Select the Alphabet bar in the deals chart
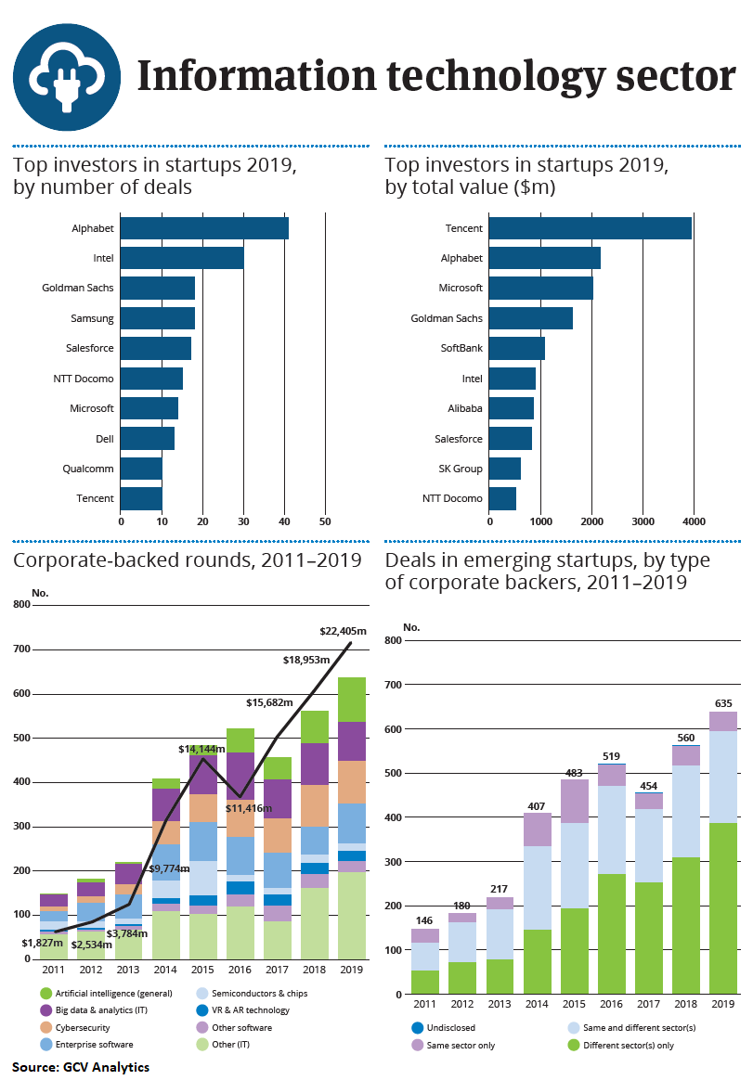[204, 228]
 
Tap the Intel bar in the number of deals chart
[182, 258]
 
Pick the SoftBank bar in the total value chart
[516, 348]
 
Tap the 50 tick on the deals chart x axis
[325, 522]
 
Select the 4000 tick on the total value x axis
[693, 522]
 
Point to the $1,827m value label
[43, 943]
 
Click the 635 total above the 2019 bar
[722, 702]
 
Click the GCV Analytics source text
[81, 1067]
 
